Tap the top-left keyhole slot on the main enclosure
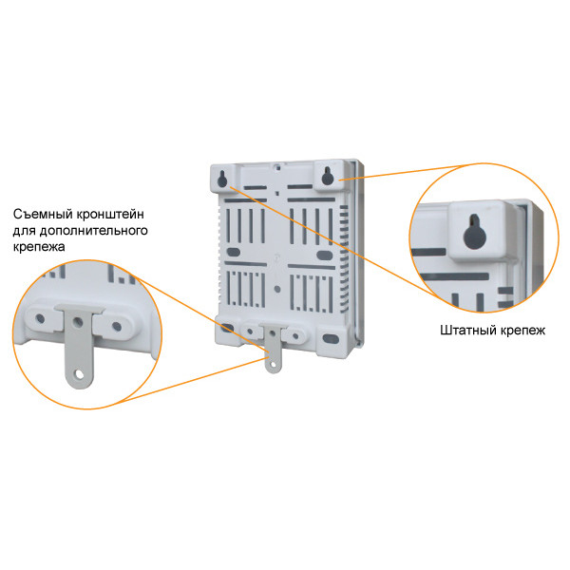pyautogui.click(x=222, y=178)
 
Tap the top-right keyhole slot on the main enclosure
pyautogui.click(x=326, y=176)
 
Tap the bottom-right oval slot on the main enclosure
pyautogui.click(x=330, y=337)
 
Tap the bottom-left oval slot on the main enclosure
pyautogui.click(x=228, y=327)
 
